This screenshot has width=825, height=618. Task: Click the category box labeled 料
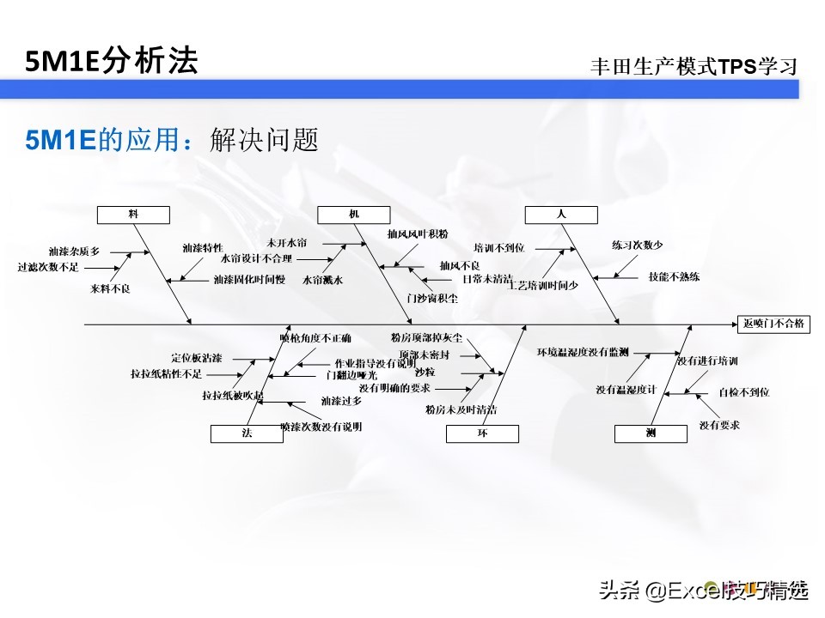click(133, 214)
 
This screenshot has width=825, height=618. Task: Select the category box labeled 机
click(354, 214)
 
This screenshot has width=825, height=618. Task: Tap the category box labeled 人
click(561, 214)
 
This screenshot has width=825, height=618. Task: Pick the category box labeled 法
click(247, 434)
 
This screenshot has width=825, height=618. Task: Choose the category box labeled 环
click(482, 434)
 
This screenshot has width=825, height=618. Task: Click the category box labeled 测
click(651, 434)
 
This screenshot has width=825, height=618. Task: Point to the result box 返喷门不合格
click(773, 324)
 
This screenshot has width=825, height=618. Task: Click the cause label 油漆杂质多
click(74, 251)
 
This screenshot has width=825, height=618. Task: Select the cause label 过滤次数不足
click(48, 267)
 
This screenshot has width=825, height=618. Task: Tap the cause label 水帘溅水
click(323, 280)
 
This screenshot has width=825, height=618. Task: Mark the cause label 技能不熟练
click(675, 276)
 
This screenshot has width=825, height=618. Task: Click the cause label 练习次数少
click(638, 245)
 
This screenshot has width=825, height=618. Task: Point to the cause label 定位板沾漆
click(197, 357)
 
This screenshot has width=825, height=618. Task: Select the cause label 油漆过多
click(341, 401)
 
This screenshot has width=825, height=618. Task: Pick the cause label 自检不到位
click(744, 392)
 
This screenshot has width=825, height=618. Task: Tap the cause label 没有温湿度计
click(626, 390)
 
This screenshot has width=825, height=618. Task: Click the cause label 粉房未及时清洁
click(461, 409)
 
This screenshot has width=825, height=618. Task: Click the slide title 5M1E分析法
click(111, 61)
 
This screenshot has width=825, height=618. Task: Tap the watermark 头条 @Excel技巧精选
click(703, 591)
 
